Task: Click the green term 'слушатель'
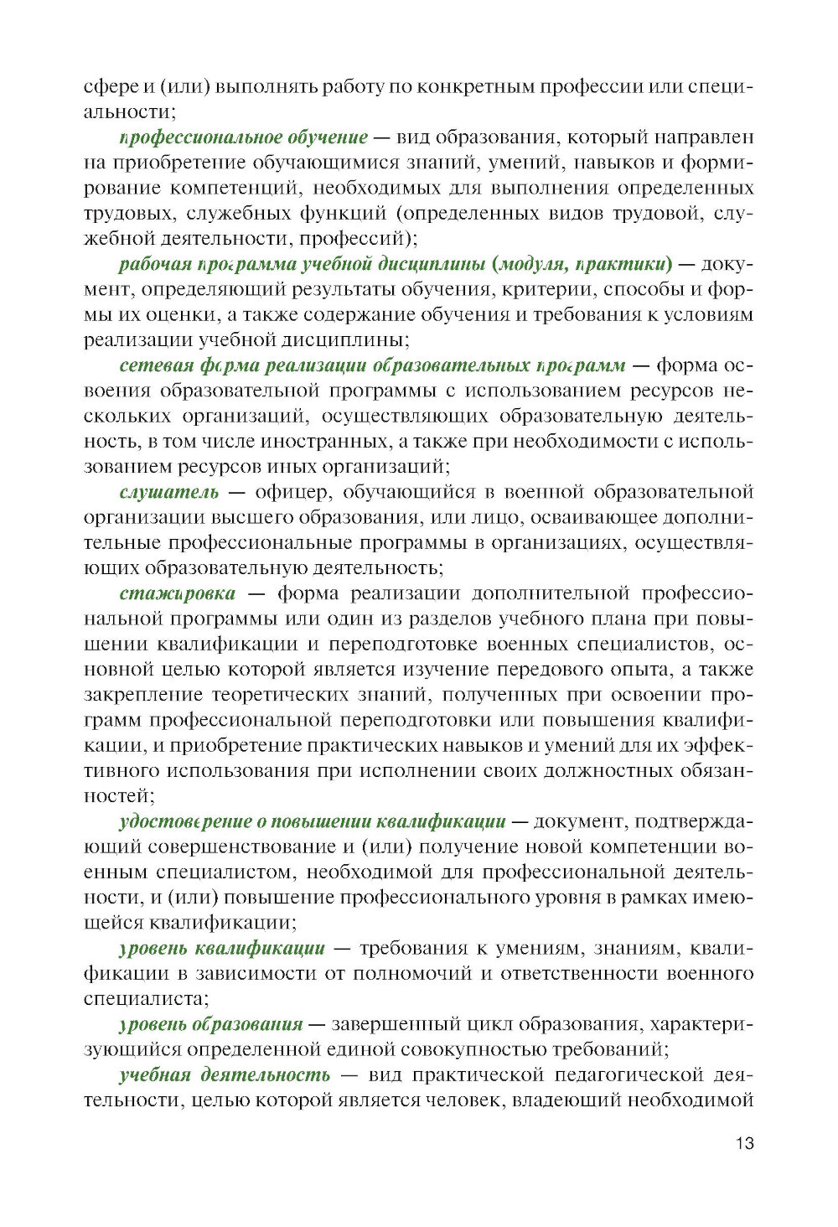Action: (168, 492)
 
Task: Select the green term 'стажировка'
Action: (178, 593)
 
